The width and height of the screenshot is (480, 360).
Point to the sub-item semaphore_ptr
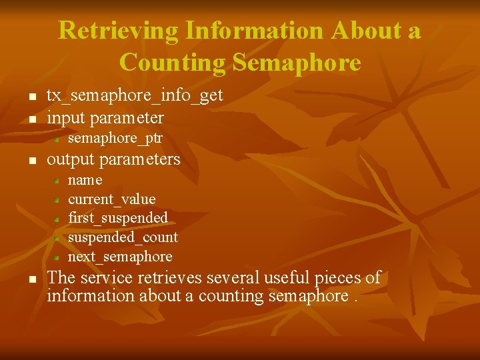115,139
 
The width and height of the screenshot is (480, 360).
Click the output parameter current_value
112,199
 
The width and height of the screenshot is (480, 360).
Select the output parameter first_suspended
118,218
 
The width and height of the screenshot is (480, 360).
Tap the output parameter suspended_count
123,237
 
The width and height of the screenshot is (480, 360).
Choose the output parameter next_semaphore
120,257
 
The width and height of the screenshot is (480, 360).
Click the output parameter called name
85,180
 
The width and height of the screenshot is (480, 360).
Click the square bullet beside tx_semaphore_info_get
32,98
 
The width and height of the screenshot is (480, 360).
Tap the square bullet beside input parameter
32,120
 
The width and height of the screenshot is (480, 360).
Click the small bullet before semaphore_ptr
57,140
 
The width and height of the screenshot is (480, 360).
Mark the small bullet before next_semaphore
57,257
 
